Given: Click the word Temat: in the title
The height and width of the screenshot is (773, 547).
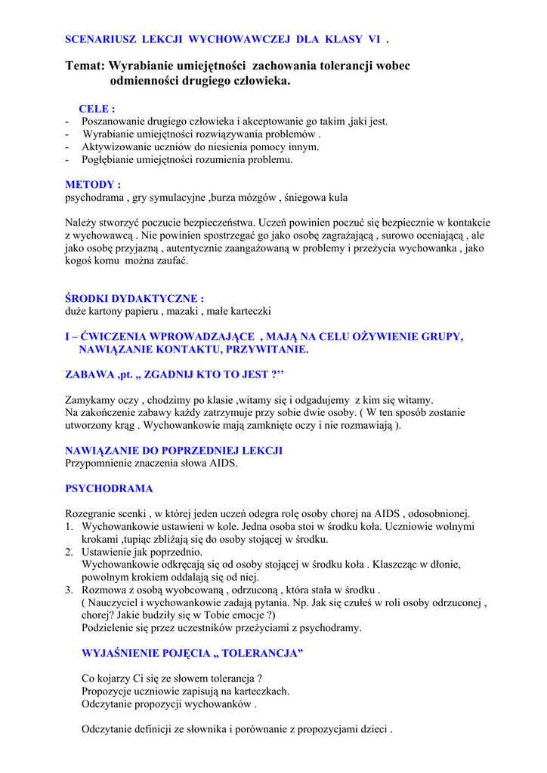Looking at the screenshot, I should tap(86, 66).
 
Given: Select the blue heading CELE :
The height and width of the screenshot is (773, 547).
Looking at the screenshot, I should tap(97, 109).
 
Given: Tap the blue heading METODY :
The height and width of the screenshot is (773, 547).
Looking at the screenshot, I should tap(93, 184).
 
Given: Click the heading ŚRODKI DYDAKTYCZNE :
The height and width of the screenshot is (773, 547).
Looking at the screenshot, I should tap(134, 299).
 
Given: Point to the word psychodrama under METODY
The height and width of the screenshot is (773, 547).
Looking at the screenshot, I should tap(94, 197).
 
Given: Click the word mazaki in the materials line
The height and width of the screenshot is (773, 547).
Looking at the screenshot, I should tap(184, 311).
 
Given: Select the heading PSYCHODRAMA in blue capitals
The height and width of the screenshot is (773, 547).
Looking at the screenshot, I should tap(109, 488).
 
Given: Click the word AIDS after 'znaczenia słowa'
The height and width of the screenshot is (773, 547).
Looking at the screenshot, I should tap(223, 463).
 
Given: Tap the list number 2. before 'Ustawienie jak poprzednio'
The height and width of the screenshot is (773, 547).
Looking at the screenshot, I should tap(69, 552).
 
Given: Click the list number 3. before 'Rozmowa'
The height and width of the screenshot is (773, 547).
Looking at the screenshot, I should tap(69, 590).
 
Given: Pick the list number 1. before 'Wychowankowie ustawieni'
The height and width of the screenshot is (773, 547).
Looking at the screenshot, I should tap(69, 526).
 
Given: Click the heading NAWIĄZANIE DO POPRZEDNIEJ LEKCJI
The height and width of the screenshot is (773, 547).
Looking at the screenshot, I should tap(174, 451).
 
